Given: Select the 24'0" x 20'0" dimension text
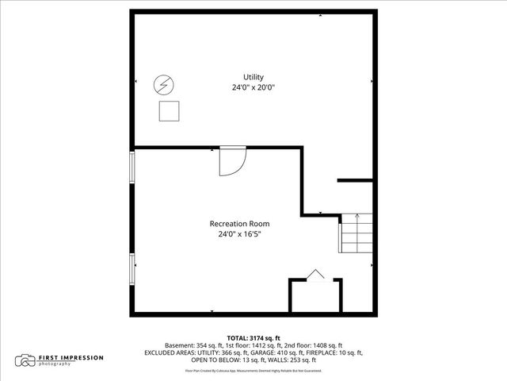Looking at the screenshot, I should [x=253, y=87].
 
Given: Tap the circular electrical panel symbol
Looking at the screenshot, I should [x=164, y=84].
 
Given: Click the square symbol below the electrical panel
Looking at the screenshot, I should [x=169, y=111].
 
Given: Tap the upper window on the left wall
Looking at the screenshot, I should [x=132, y=167].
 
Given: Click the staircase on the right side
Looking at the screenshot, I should [x=355, y=233].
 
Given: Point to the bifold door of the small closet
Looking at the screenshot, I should [x=315, y=275].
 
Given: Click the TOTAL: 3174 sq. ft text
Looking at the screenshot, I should [x=253, y=337].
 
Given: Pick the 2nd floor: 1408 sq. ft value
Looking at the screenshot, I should [x=314, y=345].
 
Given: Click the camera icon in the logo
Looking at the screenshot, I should [x=26, y=360].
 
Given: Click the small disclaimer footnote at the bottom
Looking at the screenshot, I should [x=253, y=370].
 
